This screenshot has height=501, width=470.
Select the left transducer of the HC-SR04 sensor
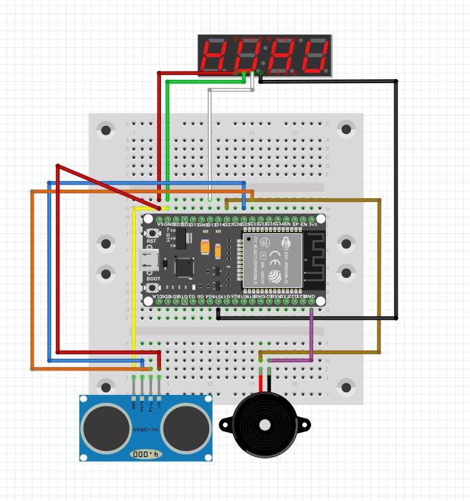click(x=106, y=428)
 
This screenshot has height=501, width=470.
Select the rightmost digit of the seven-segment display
click(x=313, y=55)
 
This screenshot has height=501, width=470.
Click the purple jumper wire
click(x=311, y=338)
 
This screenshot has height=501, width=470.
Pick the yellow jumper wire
click(x=134, y=284)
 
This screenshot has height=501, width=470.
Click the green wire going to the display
click(x=168, y=135)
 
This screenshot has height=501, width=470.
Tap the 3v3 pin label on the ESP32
click(x=313, y=224)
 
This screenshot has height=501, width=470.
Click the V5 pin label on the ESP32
click(x=160, y=224)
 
